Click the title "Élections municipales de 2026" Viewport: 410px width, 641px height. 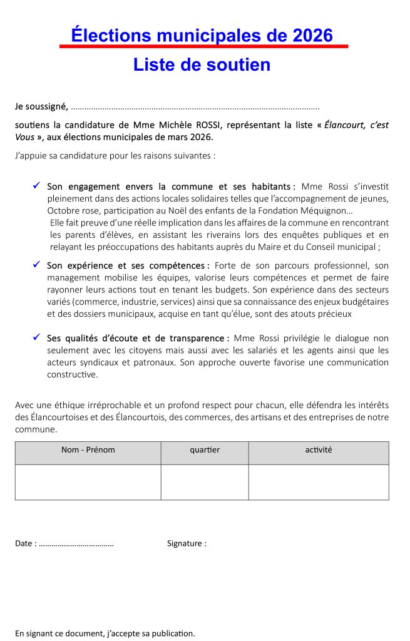click(x=202, y=35)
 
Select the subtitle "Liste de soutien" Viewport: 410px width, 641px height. click(x=202, y=64)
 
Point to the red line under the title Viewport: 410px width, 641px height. click(x=203, y=46)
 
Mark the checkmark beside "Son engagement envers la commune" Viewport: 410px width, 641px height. click(x=37, y=186)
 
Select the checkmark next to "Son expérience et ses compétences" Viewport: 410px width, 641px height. click(x=37, y=265)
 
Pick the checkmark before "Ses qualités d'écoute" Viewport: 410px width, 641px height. click(x=37, y=338)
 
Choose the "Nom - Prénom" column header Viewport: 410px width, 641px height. click(x=88, y=450)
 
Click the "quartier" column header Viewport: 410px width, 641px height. click(x=205, y=450)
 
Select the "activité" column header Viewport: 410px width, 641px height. click(x=319, y=450)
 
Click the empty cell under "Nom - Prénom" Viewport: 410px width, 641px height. click(x=88, y=482)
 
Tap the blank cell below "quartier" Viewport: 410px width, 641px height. click(x=205, y=482)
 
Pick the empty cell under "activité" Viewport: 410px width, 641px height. click(x=319, y=482)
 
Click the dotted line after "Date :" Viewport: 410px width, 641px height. click(x=76, y=544)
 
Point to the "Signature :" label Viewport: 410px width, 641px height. click(x=187, y=543)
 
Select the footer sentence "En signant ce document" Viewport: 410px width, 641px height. click(x=105, y=633)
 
